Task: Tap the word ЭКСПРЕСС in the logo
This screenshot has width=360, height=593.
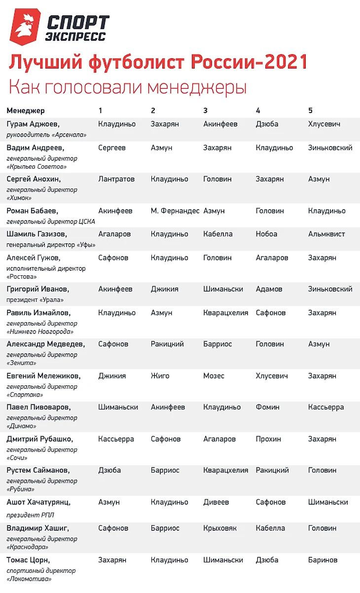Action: [75, 37]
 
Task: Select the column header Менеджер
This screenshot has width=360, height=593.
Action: [26, 111]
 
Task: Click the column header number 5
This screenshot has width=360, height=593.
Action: [310, 111]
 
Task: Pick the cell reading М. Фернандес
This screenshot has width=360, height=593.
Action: [175, 211]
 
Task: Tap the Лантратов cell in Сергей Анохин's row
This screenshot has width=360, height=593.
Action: [116, 179]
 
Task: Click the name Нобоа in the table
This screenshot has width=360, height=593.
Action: [266, 234]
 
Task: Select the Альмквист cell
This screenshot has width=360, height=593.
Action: [326, 234]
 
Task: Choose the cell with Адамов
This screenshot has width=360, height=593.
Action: [269, 289]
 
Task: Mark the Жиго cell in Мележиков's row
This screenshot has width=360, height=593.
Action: [160, 376]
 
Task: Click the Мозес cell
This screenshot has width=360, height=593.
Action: [214, 376]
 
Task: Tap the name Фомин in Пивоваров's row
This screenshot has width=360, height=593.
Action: [267, 408]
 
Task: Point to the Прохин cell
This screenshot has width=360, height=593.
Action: [268, 439]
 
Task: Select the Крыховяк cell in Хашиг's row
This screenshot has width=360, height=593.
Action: [220, 528]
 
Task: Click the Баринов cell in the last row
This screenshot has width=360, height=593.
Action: [323, 560]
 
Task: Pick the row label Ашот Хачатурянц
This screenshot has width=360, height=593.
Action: [38, 502]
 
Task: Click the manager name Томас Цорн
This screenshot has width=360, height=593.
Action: [28, 560]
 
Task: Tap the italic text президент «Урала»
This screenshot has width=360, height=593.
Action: [35, 299]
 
